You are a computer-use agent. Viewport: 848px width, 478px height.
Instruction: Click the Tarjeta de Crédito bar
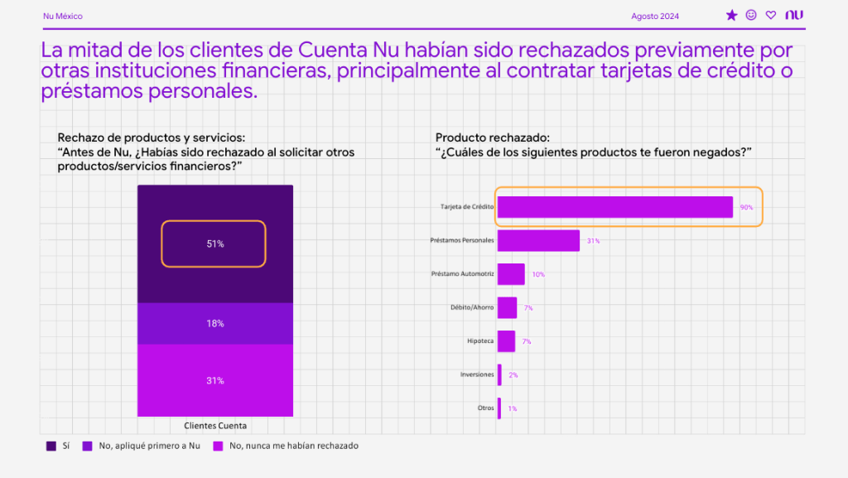(614, 207)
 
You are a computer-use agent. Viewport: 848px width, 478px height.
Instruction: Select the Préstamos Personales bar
(538, 240)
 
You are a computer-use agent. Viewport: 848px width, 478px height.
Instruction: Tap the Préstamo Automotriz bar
(511, 274)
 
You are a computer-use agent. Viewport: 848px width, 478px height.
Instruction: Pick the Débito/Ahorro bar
(507, 307)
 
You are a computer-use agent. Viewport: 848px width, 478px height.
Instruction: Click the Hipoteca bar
(506, 341)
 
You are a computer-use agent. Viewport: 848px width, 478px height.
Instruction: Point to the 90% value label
(746, 207)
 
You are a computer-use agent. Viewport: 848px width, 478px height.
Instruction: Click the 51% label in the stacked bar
(215, 244)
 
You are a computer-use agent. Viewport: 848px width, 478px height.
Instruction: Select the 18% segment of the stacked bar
(215, 323)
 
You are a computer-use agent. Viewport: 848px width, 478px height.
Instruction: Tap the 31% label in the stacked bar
(215, 381)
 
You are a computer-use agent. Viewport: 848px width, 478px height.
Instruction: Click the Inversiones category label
(477, 374)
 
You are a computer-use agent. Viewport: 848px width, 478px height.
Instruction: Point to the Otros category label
(485, 408)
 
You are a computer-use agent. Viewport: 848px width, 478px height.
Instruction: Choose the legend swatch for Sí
(51, 446)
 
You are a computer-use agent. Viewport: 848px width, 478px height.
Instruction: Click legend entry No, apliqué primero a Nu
(146, 446)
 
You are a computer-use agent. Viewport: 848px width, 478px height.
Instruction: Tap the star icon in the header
(731, 15)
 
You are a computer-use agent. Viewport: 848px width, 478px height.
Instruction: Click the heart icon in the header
(771, 15)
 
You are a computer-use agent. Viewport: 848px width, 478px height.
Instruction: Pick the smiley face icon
(751, 15)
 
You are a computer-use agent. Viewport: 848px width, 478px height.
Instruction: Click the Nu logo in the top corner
(795, 15)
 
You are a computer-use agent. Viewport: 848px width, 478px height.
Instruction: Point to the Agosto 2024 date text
(654, 16)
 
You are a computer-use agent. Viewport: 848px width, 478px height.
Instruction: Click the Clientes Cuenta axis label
(215, 426)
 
